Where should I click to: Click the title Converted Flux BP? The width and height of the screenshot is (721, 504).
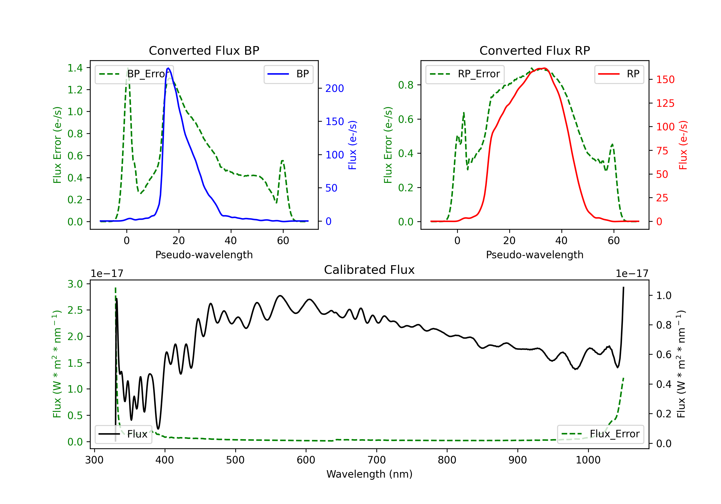204,50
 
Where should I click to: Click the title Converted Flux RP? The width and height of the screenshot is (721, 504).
535,50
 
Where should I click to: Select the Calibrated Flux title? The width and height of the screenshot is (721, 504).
369,270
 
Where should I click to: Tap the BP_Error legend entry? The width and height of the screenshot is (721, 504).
134,74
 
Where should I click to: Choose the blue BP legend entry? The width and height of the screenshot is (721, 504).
288,74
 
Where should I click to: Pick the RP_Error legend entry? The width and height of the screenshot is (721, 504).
465,74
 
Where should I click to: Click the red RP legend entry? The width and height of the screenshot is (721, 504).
619,74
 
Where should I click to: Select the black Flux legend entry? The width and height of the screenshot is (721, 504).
123,434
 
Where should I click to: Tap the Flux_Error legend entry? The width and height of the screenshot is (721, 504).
600,434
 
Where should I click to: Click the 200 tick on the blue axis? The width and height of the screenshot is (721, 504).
335,89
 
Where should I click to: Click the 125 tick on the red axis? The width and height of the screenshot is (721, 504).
665,103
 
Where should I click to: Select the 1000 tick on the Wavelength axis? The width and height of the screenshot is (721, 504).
588,460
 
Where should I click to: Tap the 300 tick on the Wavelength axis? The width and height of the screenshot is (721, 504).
94,460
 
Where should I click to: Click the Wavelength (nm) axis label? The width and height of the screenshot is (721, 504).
369,474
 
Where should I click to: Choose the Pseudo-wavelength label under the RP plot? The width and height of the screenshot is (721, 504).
535,255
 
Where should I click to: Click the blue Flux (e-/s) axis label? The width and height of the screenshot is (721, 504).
353,145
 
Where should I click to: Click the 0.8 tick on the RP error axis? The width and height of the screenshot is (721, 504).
406,85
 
